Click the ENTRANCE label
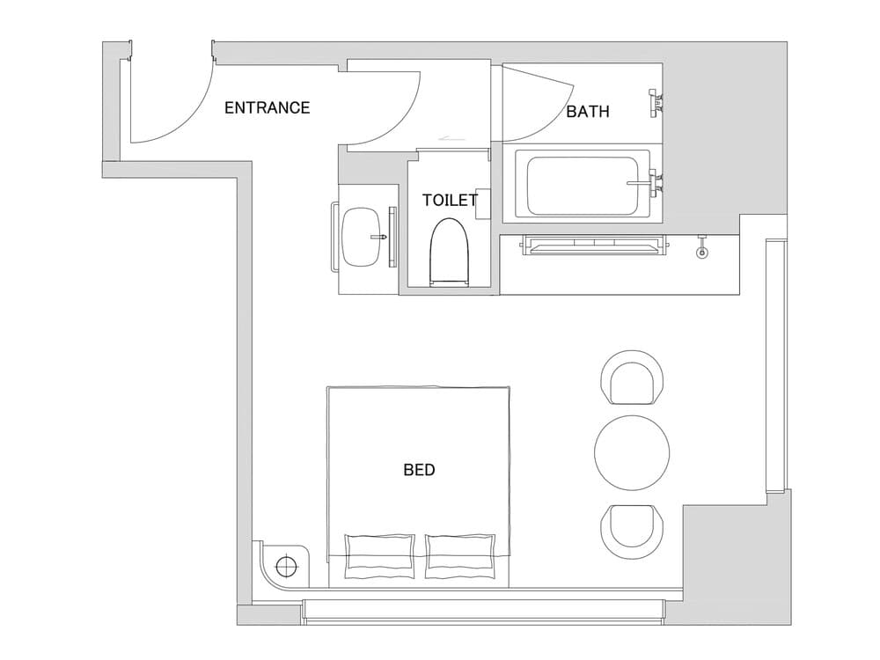click(x=268, y=107)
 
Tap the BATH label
click(x=588, y=112)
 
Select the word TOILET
click(x=450, y=200)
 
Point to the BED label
click(x=419, y=470)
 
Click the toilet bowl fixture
click(x=449, y=252)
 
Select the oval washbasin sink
click(x=363, y=238)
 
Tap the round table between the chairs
click(x=632, y=452)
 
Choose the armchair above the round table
click(x=633, y=378)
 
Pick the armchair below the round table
click(x=633, y=531)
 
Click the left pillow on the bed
click(x=380, y=555)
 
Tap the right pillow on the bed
click(x=461, y=555)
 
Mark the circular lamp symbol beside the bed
click(x=287, y=566)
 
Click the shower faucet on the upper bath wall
click(x=656, y=103)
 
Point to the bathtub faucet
click(x=646, y=182)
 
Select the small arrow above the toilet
click(x=452, y=137)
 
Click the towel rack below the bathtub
click(x=595, y=246)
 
